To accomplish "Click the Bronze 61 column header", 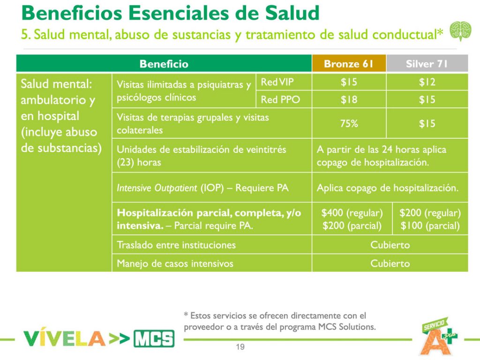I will click(349, 64).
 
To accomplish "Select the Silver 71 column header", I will click(427, 64).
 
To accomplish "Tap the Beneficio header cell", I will click(164, 64).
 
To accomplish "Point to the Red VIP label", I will click(277, 82).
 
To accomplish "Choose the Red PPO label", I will click(280, 100).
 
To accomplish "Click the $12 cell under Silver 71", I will click(427, 82).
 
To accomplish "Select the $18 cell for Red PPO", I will click(349, 100).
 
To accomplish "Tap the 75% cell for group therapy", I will click(349, 124).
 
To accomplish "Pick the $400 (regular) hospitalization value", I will click(352, 213).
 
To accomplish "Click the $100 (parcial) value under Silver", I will click(430, 226).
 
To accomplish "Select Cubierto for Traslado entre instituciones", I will click(390, 245).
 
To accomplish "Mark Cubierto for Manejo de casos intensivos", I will click(390, 263).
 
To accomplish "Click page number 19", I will click(240, 347).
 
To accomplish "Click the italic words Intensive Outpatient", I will click(157, 188).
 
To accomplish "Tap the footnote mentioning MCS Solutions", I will click(280, 321).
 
